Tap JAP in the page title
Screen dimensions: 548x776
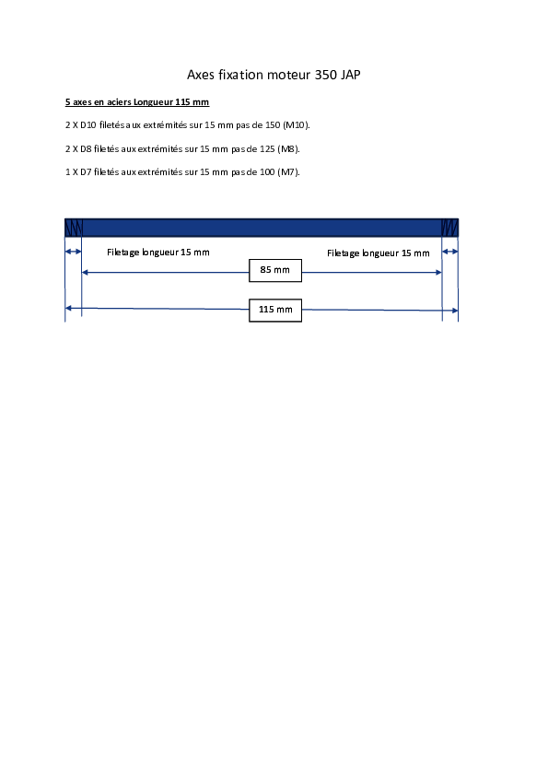click(x=351, y=75)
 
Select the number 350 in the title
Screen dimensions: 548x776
click(x=325, y=75)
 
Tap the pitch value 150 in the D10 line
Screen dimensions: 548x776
click(x=273, y=125)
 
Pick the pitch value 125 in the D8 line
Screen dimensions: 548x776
click(x=267, y=148)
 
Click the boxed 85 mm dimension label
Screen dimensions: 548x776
click(x=275, y=270)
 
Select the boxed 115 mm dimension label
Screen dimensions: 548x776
click(x=275, y=311)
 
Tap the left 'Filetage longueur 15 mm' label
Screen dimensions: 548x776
click(x=158, y=253)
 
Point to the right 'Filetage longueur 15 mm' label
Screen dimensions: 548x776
click(x=379, y=253)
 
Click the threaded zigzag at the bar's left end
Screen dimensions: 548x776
click(x=73, y=229)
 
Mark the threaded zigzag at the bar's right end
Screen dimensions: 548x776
click(x=449, y=229)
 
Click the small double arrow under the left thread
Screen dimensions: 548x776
click(x=73, y=252)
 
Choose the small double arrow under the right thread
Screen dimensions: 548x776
click(x=450, y=252)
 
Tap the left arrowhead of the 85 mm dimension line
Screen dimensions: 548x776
click(x=85, y=272)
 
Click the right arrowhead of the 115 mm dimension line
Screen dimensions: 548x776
click(x=455, y=311)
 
